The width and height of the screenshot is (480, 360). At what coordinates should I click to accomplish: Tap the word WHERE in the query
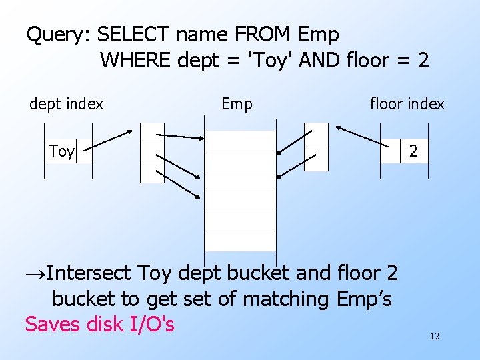136,61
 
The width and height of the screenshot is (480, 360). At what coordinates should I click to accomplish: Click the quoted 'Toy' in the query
270,61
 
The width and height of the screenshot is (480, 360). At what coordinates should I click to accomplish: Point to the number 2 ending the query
422,61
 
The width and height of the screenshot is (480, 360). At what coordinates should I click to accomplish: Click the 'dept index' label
66,104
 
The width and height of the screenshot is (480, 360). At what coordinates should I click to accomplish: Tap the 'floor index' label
407,104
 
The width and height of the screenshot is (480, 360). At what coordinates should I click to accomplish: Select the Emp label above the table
237,104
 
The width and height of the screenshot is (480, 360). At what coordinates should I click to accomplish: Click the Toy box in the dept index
62,151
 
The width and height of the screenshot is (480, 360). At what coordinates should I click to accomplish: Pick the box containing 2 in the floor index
413,151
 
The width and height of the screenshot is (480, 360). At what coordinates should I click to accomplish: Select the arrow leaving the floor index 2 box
359,135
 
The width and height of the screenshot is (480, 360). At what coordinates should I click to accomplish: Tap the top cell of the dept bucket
152,133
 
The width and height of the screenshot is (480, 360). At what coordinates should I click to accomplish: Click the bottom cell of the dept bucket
152,173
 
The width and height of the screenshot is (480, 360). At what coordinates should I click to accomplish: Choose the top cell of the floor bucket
316,135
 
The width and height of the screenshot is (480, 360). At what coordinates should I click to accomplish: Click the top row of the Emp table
239,141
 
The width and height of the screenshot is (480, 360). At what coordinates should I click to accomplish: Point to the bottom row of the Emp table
239,241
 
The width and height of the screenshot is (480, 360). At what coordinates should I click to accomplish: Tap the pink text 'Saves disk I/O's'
100,325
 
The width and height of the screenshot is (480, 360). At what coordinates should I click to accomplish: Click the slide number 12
435,336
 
